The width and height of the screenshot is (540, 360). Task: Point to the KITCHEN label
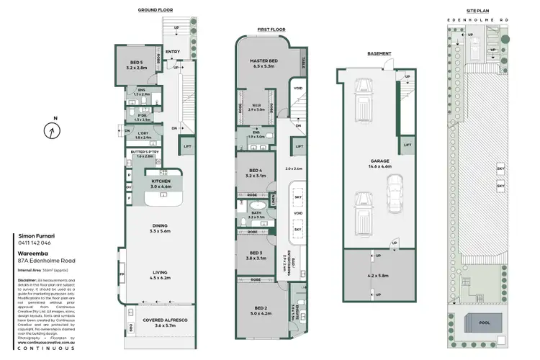point(161,183)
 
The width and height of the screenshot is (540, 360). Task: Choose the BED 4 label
point(256,172)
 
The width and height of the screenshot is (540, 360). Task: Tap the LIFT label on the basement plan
point(408,145)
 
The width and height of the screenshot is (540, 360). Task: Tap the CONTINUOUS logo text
point(47,348)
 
